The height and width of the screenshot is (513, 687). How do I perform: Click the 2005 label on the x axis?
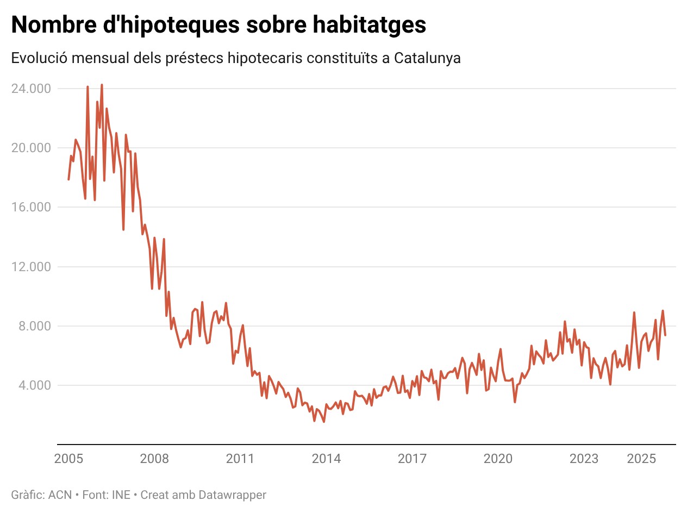coord(68,459)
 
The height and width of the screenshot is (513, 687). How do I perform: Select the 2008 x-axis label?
coord(154,459)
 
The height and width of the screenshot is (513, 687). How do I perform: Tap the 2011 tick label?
coord(240,459)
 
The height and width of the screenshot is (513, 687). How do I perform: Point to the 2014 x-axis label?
coord(326,459)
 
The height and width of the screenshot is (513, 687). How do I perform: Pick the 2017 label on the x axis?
coord(412,459)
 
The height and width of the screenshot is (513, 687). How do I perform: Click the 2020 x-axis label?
coord(498,459)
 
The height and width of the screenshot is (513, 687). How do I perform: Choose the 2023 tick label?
coord(584,459)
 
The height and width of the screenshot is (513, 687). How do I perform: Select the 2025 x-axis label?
coord(641,459)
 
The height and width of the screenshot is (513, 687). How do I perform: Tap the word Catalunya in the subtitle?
coord(427,58)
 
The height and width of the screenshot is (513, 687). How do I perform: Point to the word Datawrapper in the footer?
coord(232,495)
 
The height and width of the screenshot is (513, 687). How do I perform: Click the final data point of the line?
coord(665,335)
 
